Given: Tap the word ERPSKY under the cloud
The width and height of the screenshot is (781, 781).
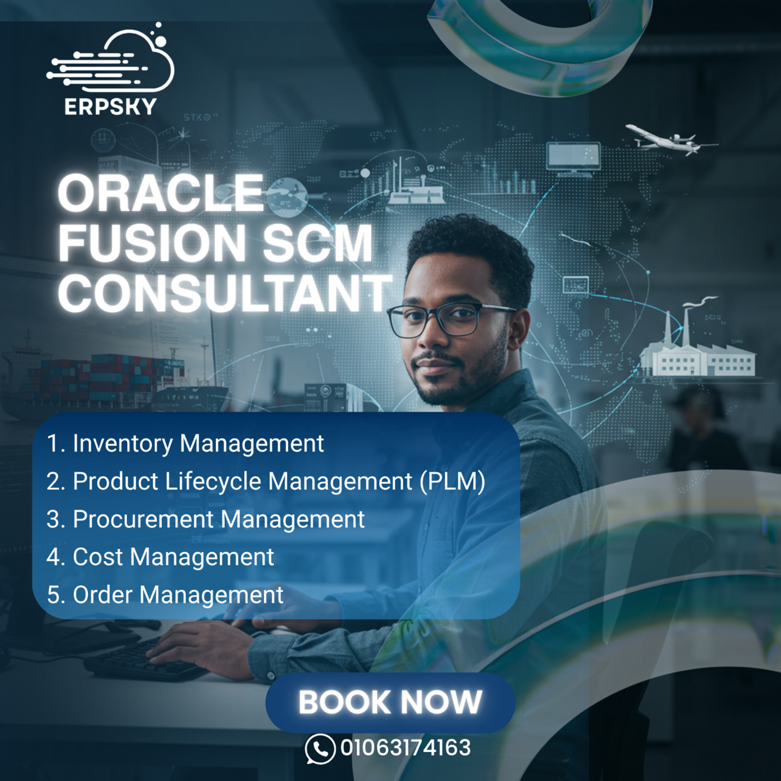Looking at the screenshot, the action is (110, 107).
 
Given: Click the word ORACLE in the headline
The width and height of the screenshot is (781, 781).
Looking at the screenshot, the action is (161, 193).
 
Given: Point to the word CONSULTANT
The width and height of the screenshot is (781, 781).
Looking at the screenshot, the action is (224, 292).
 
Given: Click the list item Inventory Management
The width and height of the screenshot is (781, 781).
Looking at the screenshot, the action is (185, 443).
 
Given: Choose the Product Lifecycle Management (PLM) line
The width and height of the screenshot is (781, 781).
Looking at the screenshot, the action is (266, 482).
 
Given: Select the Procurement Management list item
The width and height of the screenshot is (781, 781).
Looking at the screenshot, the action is (205, 519).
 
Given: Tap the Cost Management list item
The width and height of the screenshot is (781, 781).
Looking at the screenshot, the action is (160, 557).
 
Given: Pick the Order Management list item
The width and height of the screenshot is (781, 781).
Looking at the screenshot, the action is (165, 595).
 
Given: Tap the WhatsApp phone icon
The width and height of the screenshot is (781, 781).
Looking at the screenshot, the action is (320, 749).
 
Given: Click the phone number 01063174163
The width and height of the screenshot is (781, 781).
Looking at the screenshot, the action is (405, 748).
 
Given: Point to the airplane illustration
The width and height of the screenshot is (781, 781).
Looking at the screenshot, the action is (671, 140).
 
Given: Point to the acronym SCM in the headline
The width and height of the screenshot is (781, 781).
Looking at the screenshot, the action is (318, 243).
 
